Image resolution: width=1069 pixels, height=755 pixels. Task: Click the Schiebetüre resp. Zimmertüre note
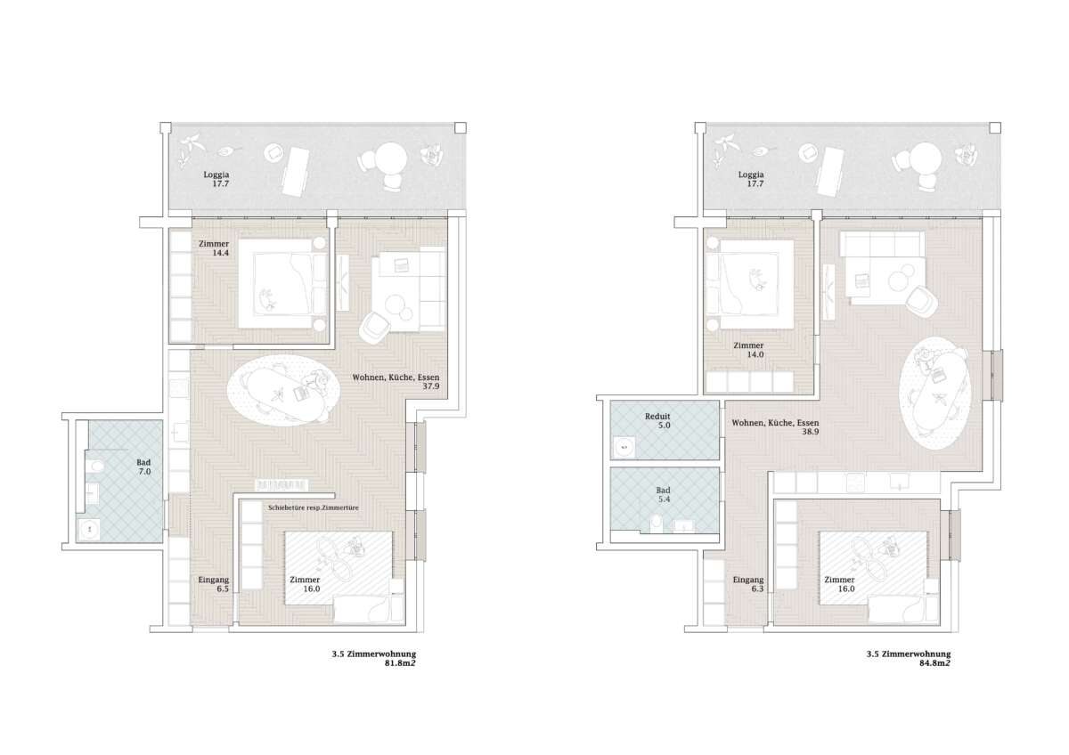[x=313, y=508]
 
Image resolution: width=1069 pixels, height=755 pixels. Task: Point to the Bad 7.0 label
[x=143, y=467]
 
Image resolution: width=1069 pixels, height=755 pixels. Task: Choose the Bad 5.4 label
[x=664, y=495]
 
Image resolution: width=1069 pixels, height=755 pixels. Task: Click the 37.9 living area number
[x=431, y=386]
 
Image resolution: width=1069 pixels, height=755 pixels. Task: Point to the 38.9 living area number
[x=811, y=432]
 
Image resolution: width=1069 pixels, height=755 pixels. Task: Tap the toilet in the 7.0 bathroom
[x=95, y=466]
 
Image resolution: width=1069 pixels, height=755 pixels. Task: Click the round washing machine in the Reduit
[x=624, y=447]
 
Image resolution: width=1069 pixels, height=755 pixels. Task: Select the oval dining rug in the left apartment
[x=283, y=391]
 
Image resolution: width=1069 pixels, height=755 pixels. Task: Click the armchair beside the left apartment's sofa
[x=375, y=327]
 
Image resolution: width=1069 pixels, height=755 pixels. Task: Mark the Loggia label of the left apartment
[x=216, y=179]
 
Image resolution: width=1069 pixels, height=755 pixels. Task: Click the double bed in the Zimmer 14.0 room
[x=750, y=284]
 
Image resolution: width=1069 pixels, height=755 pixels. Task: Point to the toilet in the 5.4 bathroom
[x=657, y=523]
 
